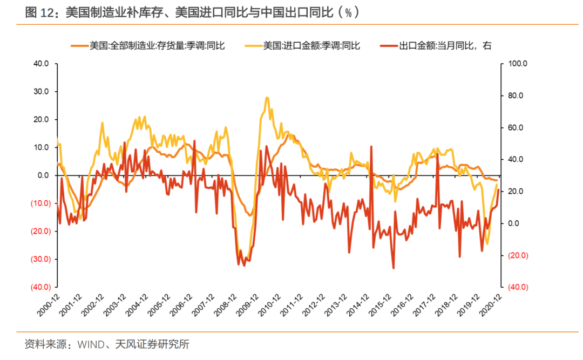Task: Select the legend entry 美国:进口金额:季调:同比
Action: pyautogui.click(x=311, y=46)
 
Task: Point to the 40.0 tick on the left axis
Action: pyautogui.click(x=41, y=64)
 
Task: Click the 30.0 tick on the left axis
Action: pyautogui.click(x=41, y=92)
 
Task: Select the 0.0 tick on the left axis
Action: pyautogui.click(x=43, y=175)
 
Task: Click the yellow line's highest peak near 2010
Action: pyautogui.click(x=267, y=98)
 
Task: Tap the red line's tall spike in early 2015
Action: pyautogui.click(x=371, y=146)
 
